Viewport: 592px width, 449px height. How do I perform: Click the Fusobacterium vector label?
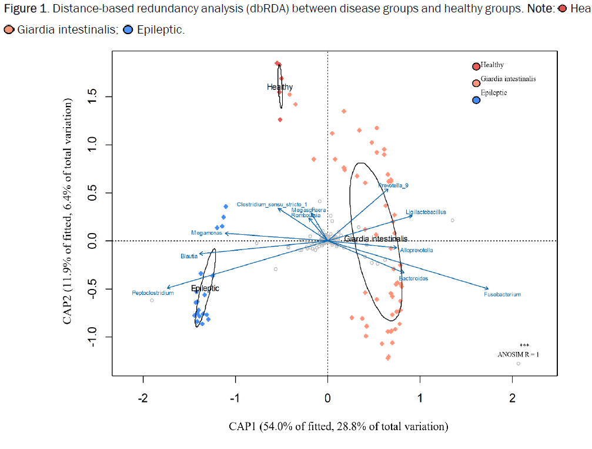point(502,294)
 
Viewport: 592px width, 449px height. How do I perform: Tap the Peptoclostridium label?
point(153,292)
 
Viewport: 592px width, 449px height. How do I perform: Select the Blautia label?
point(189,257)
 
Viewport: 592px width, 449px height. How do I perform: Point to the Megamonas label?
point(206,233)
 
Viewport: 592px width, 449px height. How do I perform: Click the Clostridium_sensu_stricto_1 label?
point(272,205)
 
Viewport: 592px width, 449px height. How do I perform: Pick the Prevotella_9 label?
point(393,185)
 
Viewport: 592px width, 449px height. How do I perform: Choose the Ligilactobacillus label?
point(426,212)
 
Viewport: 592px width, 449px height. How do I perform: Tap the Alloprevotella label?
point(416,250)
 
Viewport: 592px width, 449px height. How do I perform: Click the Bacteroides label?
point(413,278)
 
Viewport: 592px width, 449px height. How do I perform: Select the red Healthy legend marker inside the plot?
point(476,66)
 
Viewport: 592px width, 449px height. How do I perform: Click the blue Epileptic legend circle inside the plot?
point(476,100)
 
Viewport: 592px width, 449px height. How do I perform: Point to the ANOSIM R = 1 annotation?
point(518,354)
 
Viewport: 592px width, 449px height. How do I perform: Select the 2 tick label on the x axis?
point(512,398)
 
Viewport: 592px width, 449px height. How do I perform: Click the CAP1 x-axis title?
point(338,425)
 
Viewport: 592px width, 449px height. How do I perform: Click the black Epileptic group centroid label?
point(205,288)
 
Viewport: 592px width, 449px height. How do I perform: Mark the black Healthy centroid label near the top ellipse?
point(280,87)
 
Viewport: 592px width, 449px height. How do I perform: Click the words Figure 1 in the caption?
point(22,11)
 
